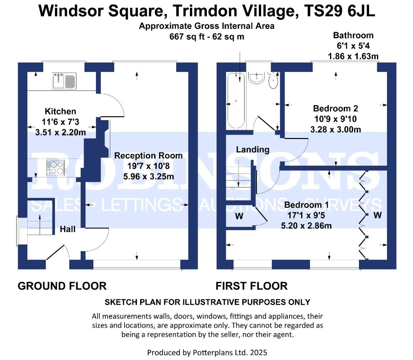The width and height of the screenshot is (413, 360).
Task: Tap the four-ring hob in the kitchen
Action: [x=56, y=168]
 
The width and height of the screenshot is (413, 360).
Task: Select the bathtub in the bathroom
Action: [x=236, y=101]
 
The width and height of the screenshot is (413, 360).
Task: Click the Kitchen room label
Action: [x=60, y=111]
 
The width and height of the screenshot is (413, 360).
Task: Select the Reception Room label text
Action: [x=148, y=156]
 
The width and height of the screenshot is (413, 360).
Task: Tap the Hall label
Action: [x=68, y=229]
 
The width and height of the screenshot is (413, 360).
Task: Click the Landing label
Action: [x=252, y=150]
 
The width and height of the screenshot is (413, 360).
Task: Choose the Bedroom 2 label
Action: [x=335, y=108]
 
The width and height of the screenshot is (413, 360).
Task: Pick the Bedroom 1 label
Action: [x=306, y=205]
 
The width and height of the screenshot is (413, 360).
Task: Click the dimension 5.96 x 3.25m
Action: [x=149, y=177]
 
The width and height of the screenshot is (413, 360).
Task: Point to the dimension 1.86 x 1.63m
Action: [x=353, y=56]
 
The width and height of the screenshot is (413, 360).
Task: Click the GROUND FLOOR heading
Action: [x=62, y=286]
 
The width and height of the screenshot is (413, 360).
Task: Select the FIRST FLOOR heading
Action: [x=251, y=286]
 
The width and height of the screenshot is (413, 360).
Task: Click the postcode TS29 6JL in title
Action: [x=339, y=11]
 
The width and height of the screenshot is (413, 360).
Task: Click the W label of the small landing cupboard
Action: [x=239, y=216]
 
